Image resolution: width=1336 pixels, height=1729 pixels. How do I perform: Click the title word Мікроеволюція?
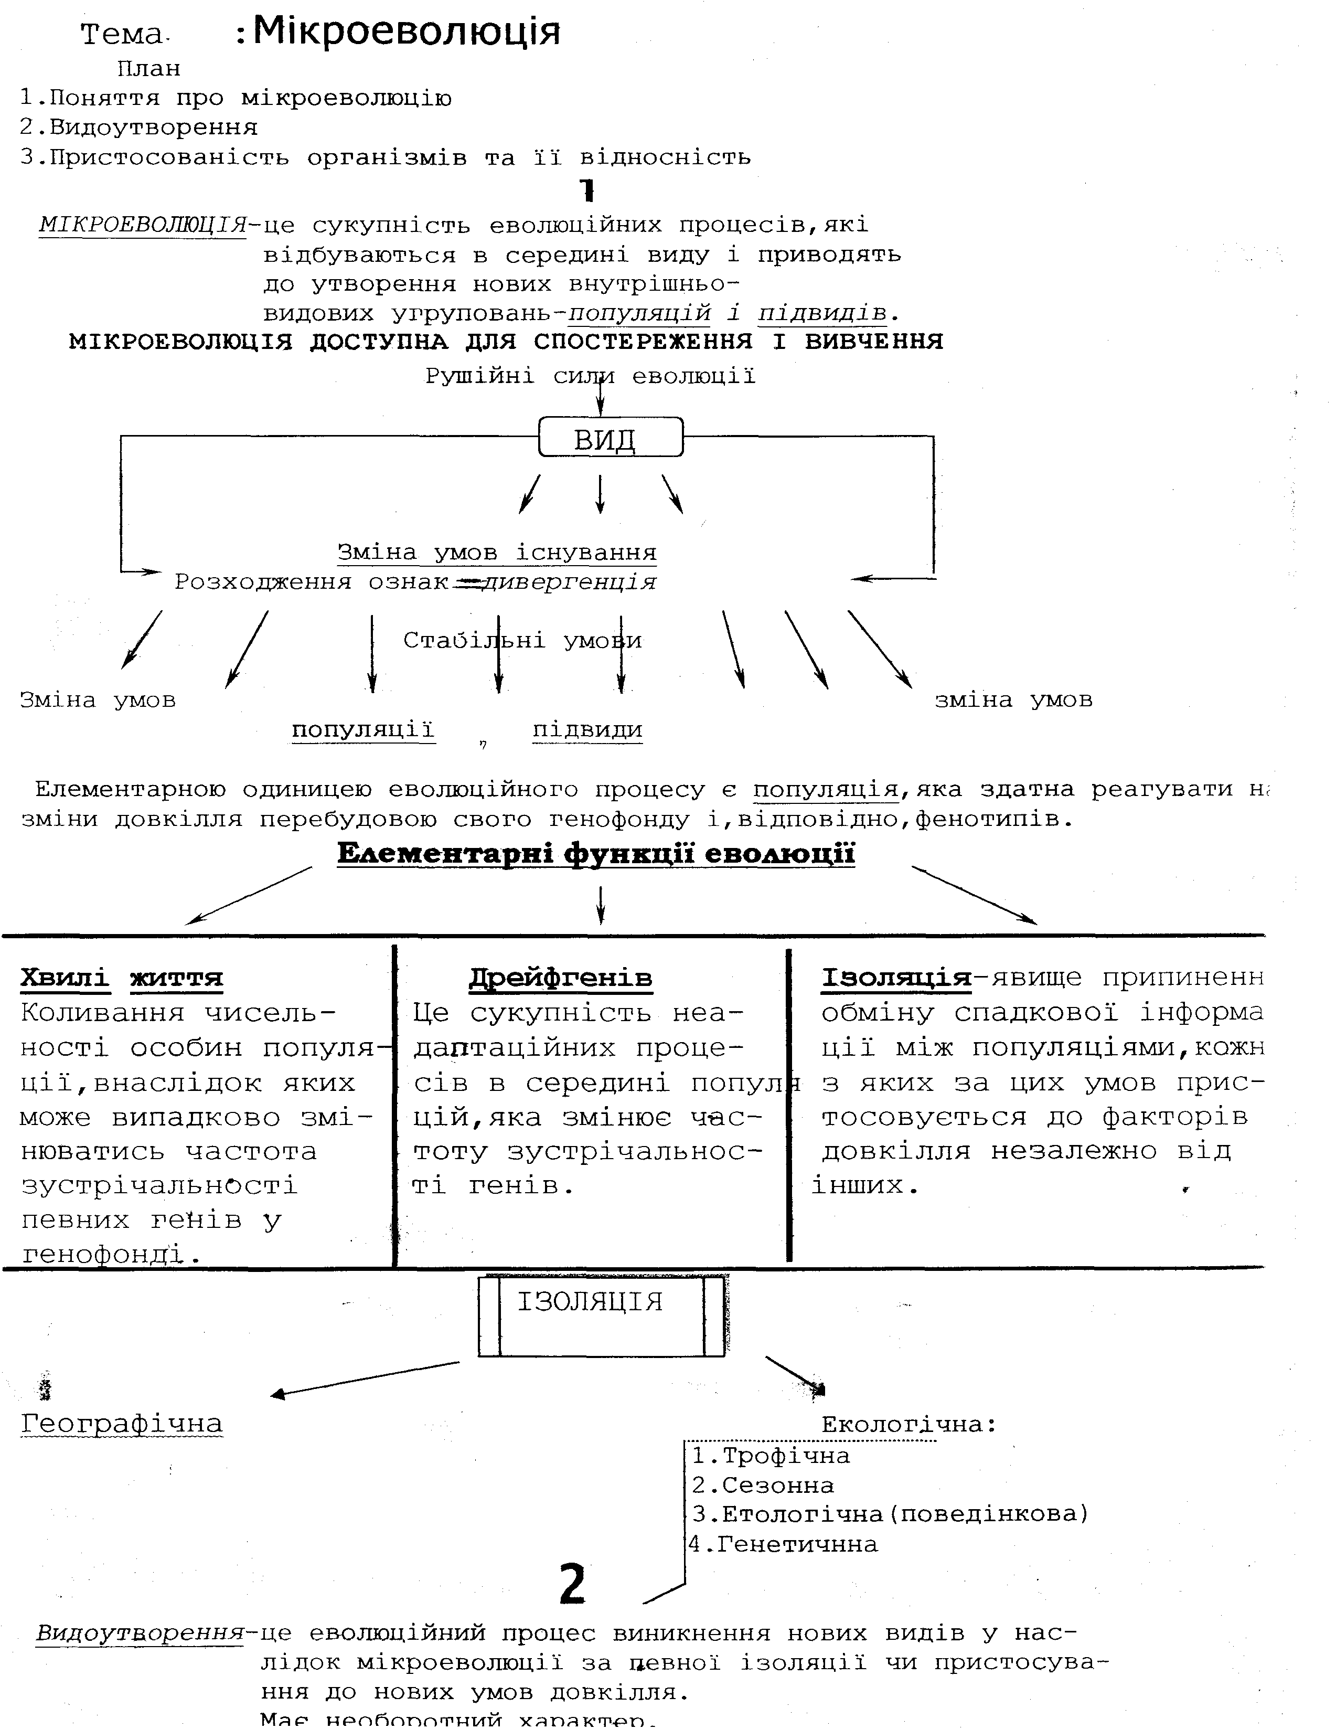coord(406,33)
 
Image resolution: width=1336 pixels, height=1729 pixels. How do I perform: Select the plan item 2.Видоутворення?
coord(140,128)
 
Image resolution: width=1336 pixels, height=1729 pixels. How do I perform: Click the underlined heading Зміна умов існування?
coord(497,552)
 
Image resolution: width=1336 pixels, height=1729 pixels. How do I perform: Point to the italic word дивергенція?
coord(569,582)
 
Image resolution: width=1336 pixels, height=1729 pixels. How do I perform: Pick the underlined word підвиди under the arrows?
coord(587,729)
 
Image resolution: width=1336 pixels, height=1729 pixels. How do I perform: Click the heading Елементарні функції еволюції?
coord(596,854)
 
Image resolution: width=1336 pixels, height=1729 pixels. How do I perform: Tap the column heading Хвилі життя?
coord(122,979)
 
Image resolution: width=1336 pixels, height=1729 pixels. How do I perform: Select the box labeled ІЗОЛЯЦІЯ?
coord(602,1316)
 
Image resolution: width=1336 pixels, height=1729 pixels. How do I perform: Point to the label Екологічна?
coord(908,1424)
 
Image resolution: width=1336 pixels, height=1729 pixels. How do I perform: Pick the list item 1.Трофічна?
coord(771,1456)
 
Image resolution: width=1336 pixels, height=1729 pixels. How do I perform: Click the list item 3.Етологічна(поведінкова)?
coord(890,1514)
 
